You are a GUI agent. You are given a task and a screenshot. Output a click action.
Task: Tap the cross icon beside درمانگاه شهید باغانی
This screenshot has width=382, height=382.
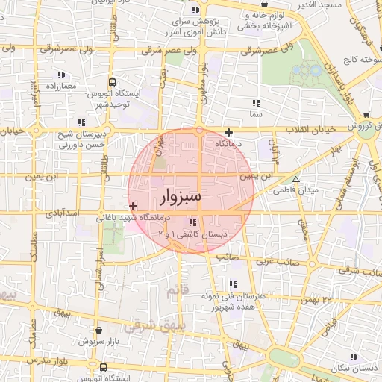133,207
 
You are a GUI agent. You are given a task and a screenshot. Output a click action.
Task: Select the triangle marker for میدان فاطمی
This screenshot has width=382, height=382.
296,180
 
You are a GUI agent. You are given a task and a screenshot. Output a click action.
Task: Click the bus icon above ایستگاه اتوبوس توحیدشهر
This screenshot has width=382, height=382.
112,83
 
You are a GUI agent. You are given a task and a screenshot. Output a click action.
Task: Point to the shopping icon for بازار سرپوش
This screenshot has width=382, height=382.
99,329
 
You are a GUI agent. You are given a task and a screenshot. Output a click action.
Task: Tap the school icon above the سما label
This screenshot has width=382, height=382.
256,103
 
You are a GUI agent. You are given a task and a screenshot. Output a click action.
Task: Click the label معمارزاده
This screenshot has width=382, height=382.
60,87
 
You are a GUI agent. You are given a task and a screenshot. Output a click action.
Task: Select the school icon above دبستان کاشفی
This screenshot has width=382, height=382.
193,222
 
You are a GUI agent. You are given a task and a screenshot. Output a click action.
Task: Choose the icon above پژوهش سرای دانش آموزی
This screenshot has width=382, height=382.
195,10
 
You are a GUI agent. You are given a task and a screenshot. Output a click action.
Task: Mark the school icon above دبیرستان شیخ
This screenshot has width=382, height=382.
81,122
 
